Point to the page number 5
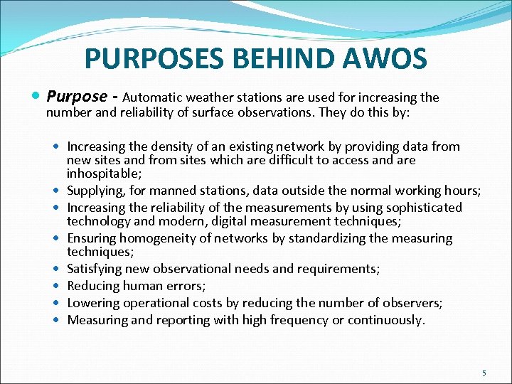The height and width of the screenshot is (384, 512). [x=484, y=373]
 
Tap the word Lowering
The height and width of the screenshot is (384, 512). [x=92, y=303]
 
